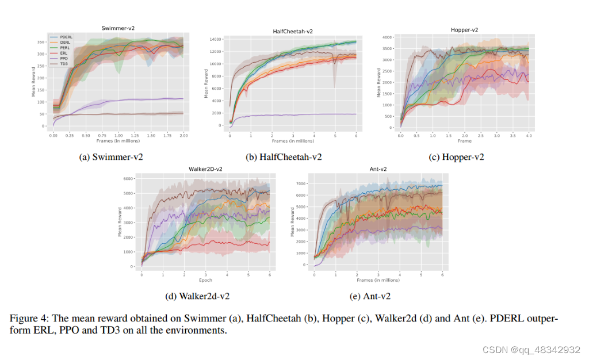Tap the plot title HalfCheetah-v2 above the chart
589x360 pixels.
coord(293,31)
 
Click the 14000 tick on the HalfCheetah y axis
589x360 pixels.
coord(216,39)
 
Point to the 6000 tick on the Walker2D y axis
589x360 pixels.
coord(129,179)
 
